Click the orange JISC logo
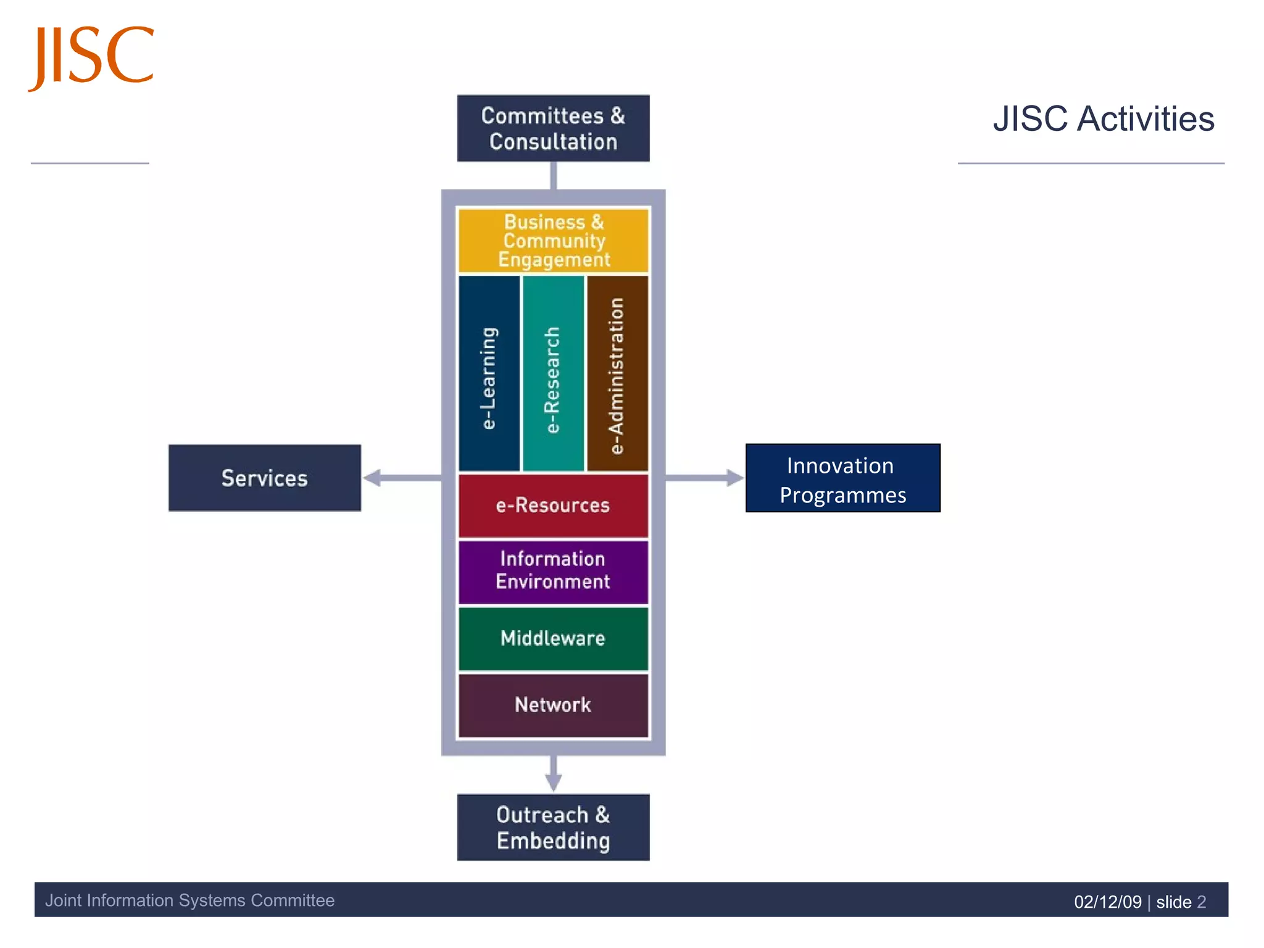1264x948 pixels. (x=91, y=57)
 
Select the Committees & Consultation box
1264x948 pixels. (x=553, y=128)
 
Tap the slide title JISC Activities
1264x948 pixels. (x=1103, y=118)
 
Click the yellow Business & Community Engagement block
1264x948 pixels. (x=553, y=241)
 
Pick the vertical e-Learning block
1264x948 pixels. (x=489, y=374)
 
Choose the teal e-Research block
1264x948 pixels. (x=553, y=374)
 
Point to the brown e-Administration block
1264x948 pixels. (x=617, y=374)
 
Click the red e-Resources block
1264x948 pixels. (x=553, y=505)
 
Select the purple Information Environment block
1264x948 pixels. (x=553, y=572)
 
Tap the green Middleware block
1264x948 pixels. (x=553, y=638)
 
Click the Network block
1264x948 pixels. (x=553, y=705)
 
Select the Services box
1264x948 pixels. (x=265, y=478)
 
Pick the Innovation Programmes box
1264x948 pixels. (x=842, y=478)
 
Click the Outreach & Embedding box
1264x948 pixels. (x=553, y=827)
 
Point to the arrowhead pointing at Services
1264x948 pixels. (x=372, y=478)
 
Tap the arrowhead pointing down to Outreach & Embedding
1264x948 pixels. (x=554, y=782)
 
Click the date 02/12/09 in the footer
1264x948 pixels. (x=1107, y=902)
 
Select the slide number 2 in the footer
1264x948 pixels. (x=1201, y=902)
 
